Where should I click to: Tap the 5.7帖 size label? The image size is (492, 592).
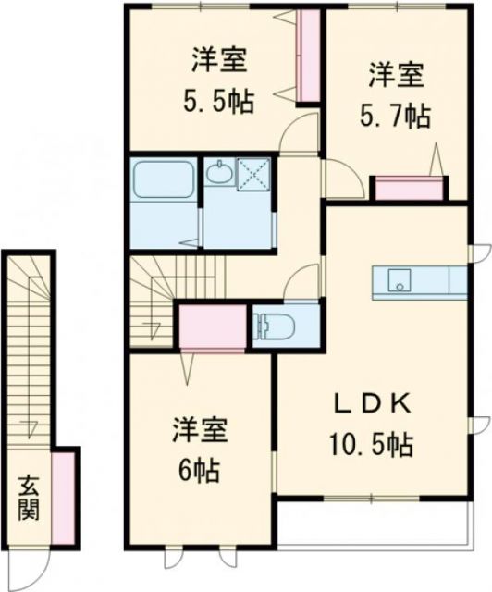coord(394,116)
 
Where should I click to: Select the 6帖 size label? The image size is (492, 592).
coord(198,470)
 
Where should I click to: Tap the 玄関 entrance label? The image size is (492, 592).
coord(29,498)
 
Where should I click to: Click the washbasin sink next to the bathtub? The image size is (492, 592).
coord(219,173)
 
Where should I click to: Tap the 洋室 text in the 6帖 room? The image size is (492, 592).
coord(198,431)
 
